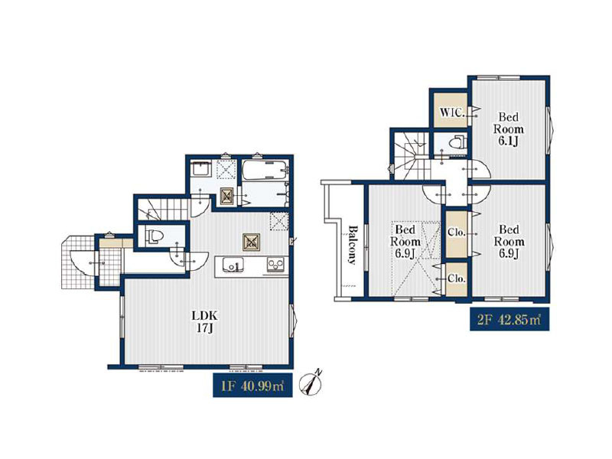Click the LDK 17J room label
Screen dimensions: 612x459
(x=203, y=321)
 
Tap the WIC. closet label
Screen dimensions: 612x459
(x=452, y=112)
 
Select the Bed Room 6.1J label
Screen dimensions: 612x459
(x=508, y=129)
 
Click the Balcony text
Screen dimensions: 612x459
(x=353, y=244)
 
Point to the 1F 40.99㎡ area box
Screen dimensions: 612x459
(x=252, y=386)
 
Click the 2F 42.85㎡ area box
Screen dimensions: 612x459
(x=509, y=319)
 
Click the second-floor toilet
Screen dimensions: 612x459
(x=457, y=142)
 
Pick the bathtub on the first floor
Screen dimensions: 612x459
(x=265, y=171)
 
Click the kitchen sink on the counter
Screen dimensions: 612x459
(x=233, y=265)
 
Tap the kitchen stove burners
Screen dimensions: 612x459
(x=275, y=265)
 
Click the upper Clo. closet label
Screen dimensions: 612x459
(x=457, y=233)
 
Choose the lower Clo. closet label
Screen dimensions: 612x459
(x=457, y=278)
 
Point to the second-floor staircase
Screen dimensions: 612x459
(x=413, y=155)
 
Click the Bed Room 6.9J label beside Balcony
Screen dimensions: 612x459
(x=405, y=241)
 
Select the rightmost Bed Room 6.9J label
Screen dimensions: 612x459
(x=509, y=241)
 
